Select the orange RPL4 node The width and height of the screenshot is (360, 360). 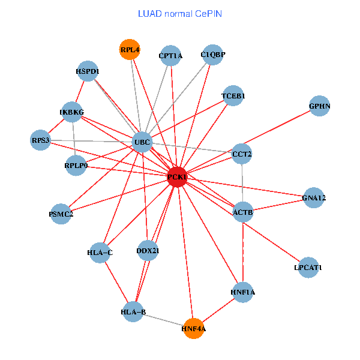click(130, 50)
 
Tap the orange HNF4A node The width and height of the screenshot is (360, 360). click(193, 328)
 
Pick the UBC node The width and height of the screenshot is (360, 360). click(142, 142)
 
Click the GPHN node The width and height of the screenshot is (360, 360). click(320, 106)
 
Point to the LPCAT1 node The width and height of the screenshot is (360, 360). click(308, 267)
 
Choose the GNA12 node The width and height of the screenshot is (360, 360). click(314, 197)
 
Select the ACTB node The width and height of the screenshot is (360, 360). click(242, 212)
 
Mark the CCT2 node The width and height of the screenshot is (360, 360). click(242, 154)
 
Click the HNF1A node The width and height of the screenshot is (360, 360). click(242, 292)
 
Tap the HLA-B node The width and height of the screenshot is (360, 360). click(133, 311)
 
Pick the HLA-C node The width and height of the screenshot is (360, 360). click(100, 253)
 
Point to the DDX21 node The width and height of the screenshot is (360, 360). click(148, 250)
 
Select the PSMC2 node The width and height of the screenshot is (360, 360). click(61, 214)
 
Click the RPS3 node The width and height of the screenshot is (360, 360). click(41, 140)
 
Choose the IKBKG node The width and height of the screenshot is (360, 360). click(72, 112)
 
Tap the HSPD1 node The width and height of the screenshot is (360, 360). click(88, 71)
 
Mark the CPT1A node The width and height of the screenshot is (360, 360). click(170, 56)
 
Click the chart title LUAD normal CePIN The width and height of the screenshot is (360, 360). click(180, 13)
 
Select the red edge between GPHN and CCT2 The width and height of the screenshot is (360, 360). click(281, 130)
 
